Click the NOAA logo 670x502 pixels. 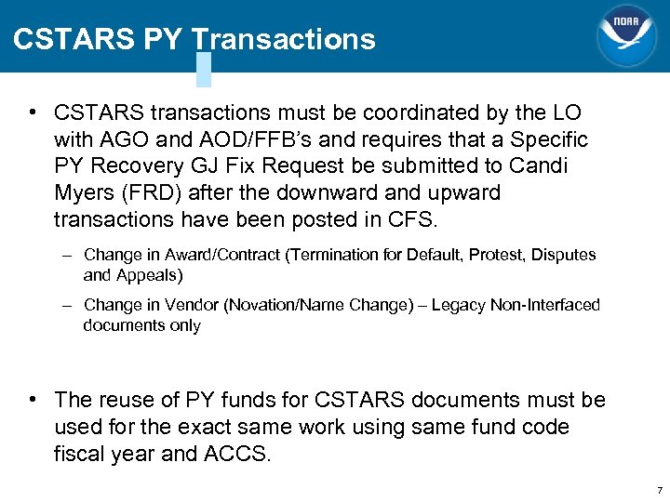click(626, 36)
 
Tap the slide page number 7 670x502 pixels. click(659, 490)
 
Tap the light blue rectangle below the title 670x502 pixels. click(204, 69)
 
